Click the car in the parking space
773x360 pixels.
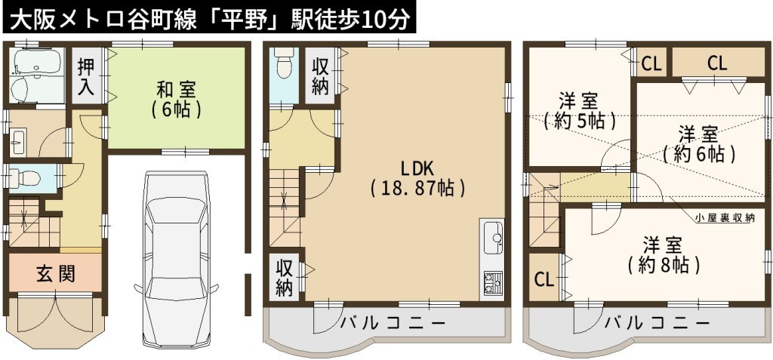pos(176,258)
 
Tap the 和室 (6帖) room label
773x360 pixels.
pos(176,100)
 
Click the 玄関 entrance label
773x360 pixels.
pos(56,273)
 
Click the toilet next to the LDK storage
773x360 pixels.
pos(284,63)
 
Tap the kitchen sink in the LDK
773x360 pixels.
pos(493,238)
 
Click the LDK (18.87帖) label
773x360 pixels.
pos(417,179)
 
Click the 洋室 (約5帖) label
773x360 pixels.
pos(580,111)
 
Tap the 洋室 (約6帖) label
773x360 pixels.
pos(698,144)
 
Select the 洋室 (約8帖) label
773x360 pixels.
pos(664,256)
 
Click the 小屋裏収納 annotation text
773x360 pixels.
pos(725,217)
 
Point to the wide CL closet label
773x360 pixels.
pos(717,63)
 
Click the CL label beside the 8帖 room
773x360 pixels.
pos(545,280)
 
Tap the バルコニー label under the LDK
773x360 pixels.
pos(393,324)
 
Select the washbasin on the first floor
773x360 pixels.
pos(19,142)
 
